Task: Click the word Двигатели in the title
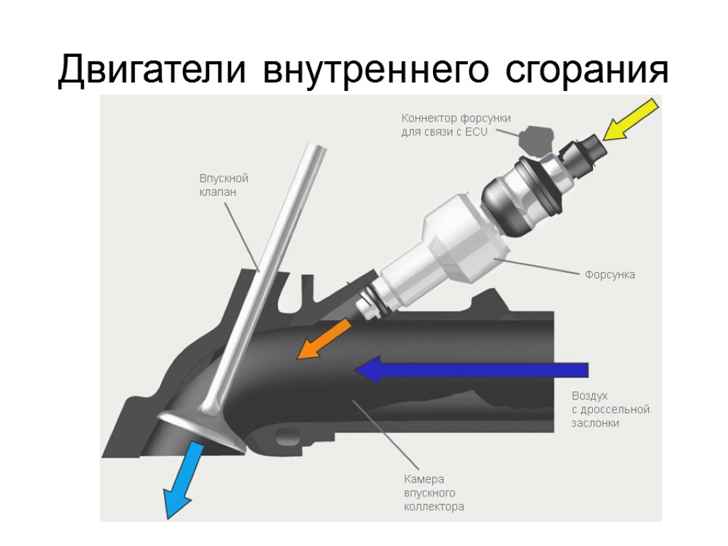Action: (x=154, y=70)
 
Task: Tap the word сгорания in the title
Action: (x=587, y=70)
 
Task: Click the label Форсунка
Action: (x=609, y=274)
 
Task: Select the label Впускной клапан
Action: (x=223, y=185)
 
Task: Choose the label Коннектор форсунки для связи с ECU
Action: (x=456, y=125)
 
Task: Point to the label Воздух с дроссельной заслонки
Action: (x=610, y=409)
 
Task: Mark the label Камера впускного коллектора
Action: (x=434, y=493)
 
